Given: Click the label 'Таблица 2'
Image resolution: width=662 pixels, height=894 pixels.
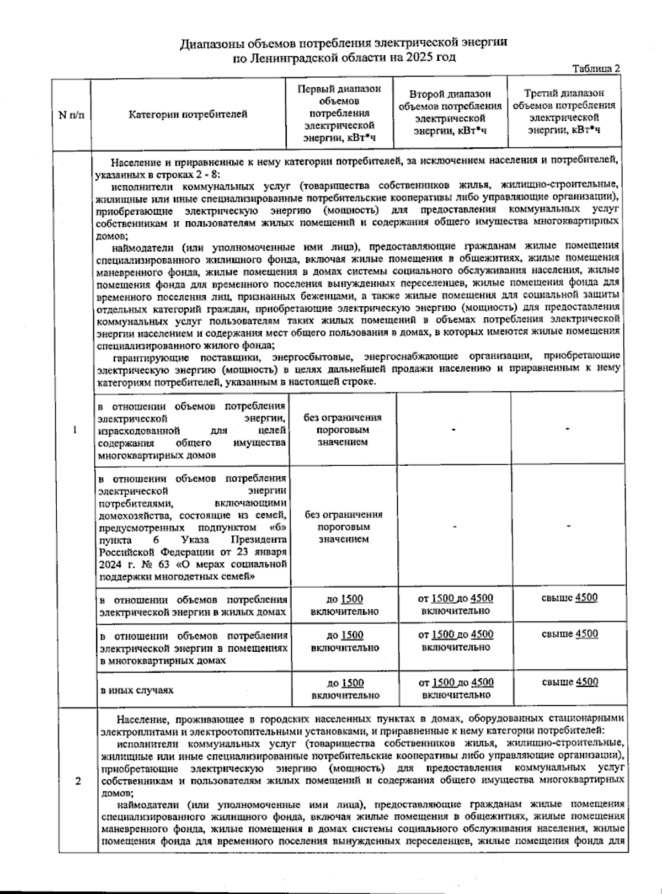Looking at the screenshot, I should click(596, 69).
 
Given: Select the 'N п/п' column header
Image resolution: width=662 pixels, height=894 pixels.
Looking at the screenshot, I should click(72, 115).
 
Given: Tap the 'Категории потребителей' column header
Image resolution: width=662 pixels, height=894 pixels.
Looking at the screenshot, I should click(188, 115).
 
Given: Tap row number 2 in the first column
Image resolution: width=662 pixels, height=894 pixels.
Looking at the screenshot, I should click(78, 781).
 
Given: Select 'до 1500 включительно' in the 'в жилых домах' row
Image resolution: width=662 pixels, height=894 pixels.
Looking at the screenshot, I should click(345, 605).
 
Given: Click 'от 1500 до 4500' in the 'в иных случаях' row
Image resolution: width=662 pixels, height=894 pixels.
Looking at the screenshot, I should click(456, 683).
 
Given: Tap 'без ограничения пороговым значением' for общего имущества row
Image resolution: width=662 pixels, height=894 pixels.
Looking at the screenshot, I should click(343, 430).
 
